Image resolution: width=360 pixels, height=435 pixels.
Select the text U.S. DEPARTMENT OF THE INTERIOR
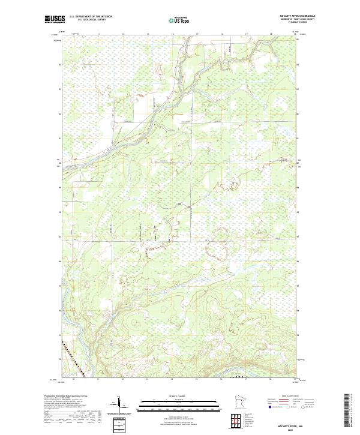tap(91, 16)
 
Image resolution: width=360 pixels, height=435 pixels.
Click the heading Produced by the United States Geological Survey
tap(64, 397)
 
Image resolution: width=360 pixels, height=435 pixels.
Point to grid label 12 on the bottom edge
tap(122, 379)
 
